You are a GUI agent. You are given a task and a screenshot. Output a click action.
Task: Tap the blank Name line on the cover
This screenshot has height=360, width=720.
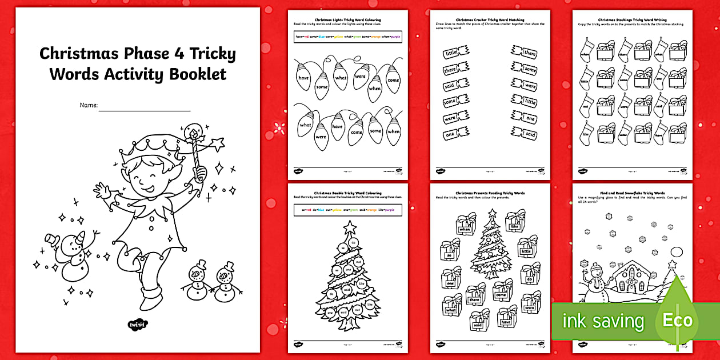click(x=144, y=107)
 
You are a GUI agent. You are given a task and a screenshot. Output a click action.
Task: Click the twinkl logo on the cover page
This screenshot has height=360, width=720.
click(x=137, y=325)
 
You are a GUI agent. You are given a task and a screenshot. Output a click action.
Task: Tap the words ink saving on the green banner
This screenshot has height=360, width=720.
click(x=603, y=321)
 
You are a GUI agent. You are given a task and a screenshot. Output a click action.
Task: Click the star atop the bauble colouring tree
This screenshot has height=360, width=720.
click(x=350, y=227)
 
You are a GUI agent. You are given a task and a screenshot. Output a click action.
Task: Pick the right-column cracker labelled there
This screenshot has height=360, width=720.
click(x=525, y=54)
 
